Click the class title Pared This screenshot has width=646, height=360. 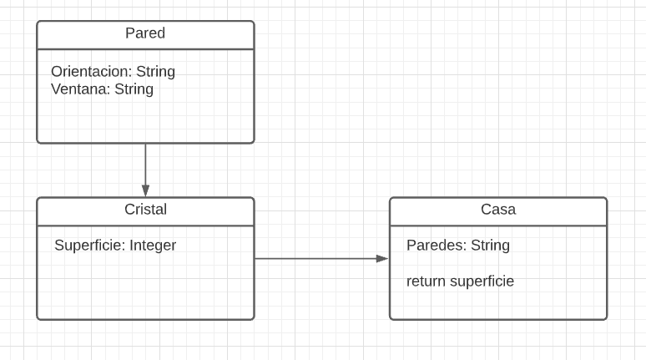145,33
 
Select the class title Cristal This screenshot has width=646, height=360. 145,210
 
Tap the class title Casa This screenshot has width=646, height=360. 498,210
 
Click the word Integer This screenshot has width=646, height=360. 153,246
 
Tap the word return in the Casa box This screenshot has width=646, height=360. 426,281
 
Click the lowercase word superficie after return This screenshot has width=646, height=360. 482,281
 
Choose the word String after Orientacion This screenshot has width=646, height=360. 155,72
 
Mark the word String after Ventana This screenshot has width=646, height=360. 134,89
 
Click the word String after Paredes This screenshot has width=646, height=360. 490,246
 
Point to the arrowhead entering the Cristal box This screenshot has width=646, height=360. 145,191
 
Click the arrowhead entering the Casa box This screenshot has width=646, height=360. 382,259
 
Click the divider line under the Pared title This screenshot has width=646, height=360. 145,49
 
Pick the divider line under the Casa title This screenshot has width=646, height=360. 498,226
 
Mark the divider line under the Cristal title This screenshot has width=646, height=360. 145,226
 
